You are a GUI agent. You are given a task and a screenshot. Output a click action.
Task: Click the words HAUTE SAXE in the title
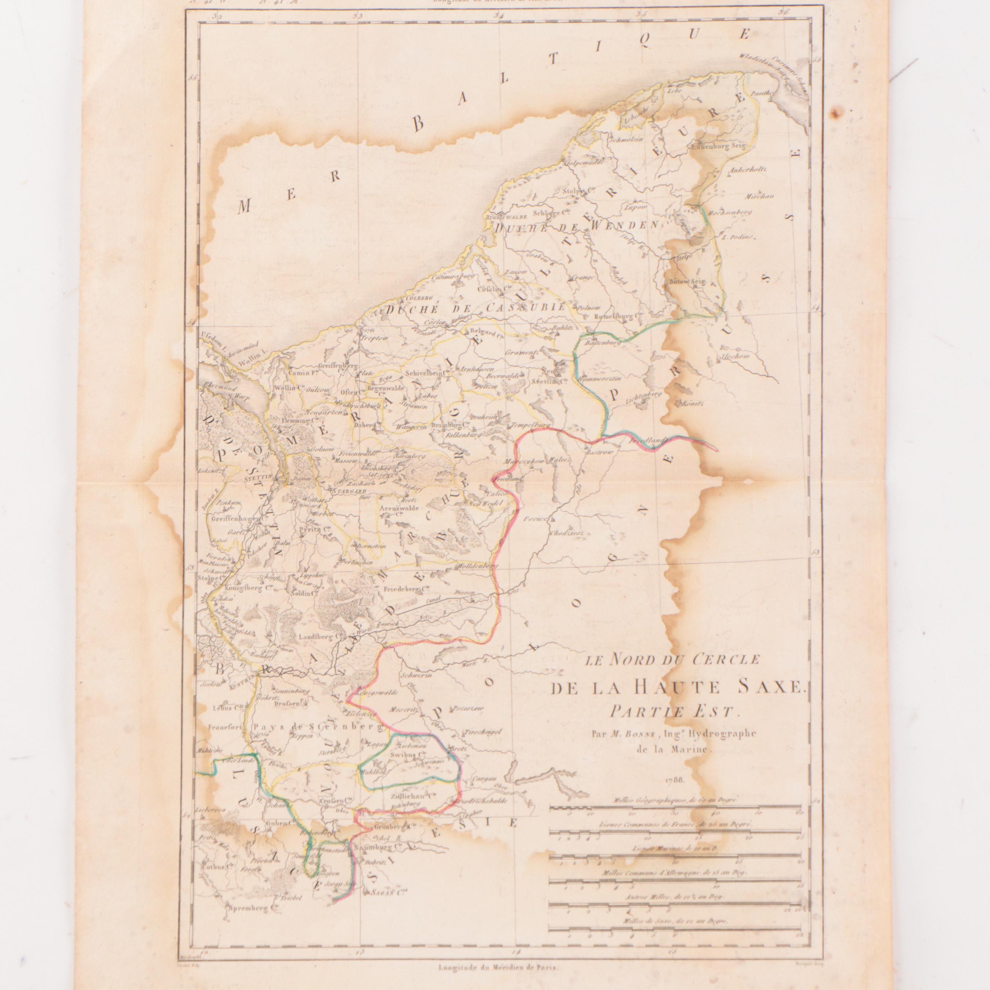(719, 688)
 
